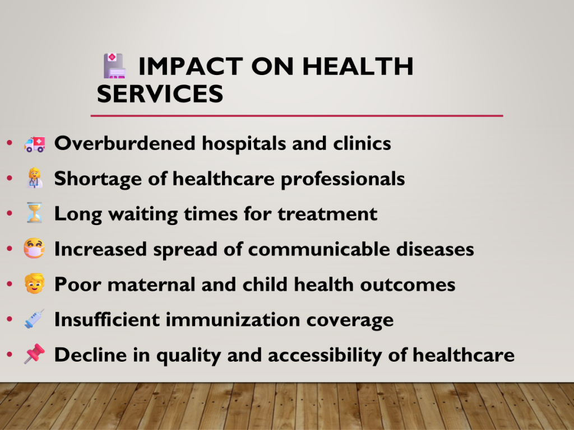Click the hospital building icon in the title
pyautogui.click(x=114, y=66)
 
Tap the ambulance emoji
pyautogui.click(x=35, y=144)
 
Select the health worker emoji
pyautogui.click(x=34, y=178)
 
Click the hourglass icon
pyautogui.click(x=34, y=213)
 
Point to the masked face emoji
pyautogui.click(x=34, y=248)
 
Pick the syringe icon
pyautogui.click(x=34, y=319)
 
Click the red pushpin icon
pyautogui.click(x=34, y=354)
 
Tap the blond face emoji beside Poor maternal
pyautogui.click(x=34, y=283)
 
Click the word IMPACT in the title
pyautogui.click(x=191, y=67)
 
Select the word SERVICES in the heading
pyautogui.click(x=160, y=94)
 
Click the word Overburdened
pyautogui.click(x=124, y=143)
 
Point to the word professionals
pyautogui.click(x=342, y=179)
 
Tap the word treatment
pyautogui.click(x=327, y=214)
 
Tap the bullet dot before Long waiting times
pyautogui.click(x=10, y=213)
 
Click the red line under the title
pyautogui.click(x=297, y=116)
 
